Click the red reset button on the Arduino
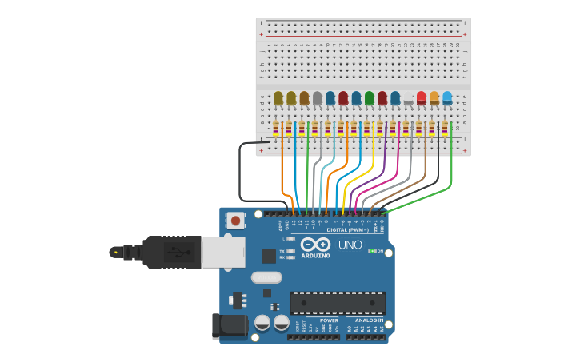point(235,220)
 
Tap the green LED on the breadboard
point(369,98)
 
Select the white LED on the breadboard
point(408,98)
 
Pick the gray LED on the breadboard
point(317,98)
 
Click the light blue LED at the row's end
point(447,98)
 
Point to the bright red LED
point(421,98)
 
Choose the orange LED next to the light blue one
point(434,98)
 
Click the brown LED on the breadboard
point(304,98)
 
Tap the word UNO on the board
point(350,245)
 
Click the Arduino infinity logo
point(315,245)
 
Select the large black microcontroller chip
point(338,303)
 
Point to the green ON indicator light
point(372,251)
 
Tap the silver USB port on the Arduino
point(222,252)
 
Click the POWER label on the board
point(329,320)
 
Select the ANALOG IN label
point(369,320)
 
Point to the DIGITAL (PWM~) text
point(348,229)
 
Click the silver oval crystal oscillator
point(266,277)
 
